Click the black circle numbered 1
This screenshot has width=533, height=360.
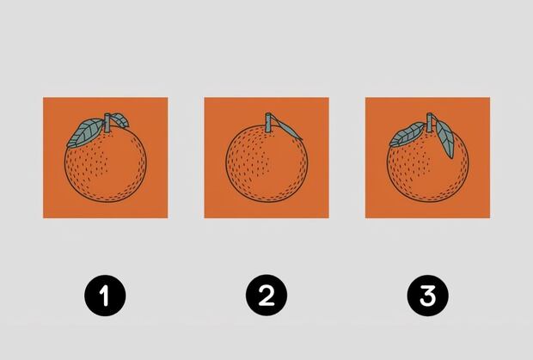coord(105,296)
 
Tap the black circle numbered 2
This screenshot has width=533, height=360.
coord(266,296)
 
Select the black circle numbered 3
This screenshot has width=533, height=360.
coord(427,296)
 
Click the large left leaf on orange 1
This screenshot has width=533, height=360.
coord(85,132)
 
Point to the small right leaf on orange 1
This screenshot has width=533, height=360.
coord(120,120)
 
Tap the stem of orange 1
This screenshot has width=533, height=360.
coord(107,123)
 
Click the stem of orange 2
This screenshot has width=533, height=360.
coord(268,123)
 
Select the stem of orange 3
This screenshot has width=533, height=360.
coord(429,123)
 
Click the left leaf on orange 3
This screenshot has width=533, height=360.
coord(407,135)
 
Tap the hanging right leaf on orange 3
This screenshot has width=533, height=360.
coord(445,138)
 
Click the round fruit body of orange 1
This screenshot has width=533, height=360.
coord(106,165)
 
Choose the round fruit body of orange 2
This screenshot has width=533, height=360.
coord(266,164)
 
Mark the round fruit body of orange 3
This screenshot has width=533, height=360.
coord(427,165)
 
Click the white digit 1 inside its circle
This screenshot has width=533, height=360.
coord(104,296)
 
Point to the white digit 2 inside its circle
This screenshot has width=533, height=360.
coord(266,296)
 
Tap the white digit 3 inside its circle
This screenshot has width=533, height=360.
coord(427,296)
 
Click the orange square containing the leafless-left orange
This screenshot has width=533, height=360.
coord(266,157)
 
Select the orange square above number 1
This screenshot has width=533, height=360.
coord(106,157)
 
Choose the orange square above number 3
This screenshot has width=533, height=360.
coord(427,157)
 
